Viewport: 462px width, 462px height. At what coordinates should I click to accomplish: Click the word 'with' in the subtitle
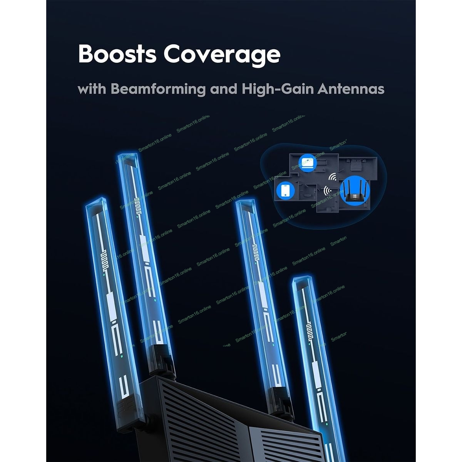(x=92, y=89)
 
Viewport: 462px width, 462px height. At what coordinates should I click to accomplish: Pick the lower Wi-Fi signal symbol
(x=328, y=191)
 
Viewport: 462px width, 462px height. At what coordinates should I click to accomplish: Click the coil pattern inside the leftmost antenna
(x=105, y=257)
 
